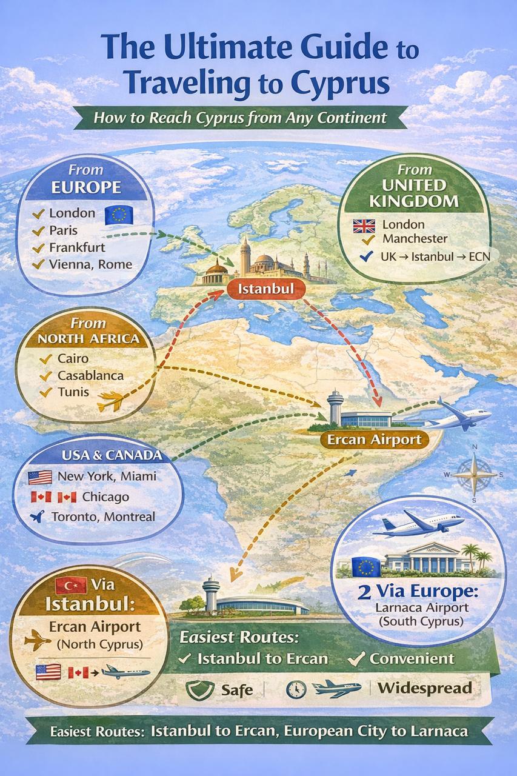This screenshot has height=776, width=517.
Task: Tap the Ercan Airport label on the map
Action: [x=375, y=439]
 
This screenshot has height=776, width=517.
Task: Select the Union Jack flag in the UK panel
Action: [x=364, y=226]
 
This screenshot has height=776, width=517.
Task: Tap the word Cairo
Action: [x=73, y=358]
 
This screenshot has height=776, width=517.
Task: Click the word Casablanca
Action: [x=90, y=375]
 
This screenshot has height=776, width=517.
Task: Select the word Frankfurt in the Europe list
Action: [x=77, y=247]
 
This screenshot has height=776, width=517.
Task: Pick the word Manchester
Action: [x=415, y=239]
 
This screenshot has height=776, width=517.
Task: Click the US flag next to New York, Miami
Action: [x=39, y=477]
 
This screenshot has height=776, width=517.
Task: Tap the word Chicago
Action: [x=105, y=497]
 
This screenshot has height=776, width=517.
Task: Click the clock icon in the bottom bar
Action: [x=295, y=689]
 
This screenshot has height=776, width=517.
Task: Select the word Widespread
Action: [x=424, y=688]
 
